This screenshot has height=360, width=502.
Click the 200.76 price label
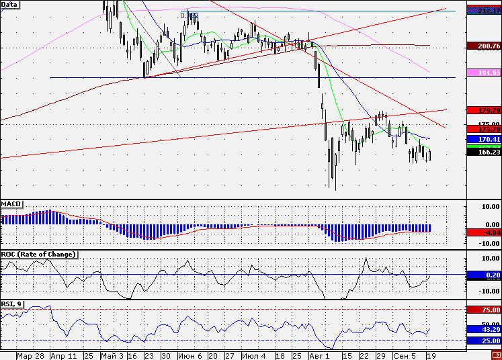(483, 46)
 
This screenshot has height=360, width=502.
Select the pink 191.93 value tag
(483, 73)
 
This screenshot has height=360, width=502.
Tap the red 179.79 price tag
(483, 110)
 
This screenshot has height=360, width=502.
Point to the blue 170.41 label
(483, 140)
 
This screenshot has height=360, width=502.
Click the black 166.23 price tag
(483, 152)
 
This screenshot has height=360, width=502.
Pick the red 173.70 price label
(483, 128)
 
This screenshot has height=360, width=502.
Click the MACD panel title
(11, 203)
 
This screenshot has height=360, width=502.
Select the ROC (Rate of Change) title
(38, 255)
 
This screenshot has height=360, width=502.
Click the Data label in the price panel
(10, 4)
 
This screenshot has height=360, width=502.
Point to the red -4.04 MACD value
(483, 232)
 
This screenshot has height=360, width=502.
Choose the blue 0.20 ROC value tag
(483, 275)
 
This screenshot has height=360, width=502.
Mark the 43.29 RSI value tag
(483, 329)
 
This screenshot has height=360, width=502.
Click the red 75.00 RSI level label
(483, 310)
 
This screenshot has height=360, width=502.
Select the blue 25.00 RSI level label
(483, 341)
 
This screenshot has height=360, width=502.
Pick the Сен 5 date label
(405, 355)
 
